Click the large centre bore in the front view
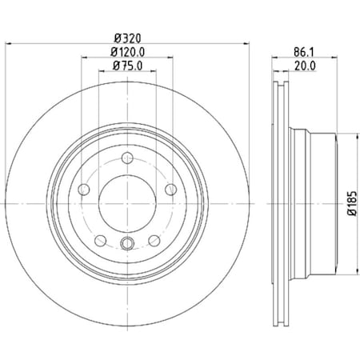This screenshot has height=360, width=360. click(x=128, y=198)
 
